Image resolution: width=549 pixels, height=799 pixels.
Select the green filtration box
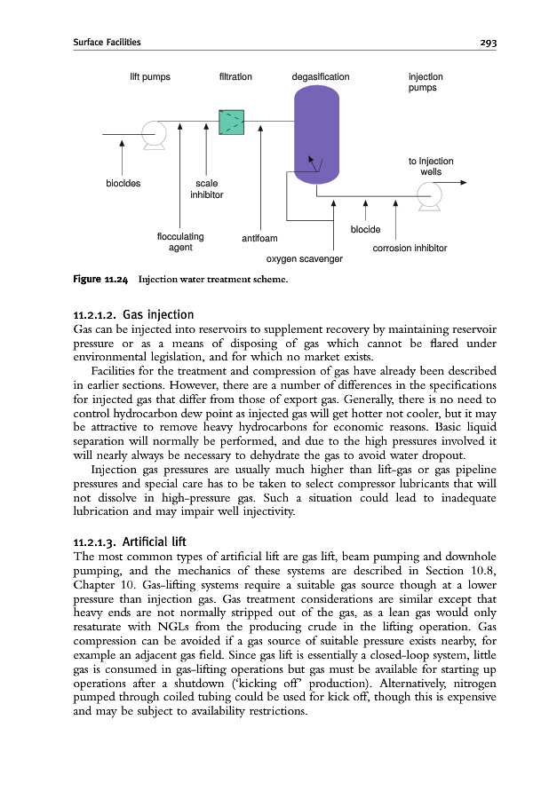click(231, 123)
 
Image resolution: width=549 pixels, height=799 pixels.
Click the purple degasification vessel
click(316, 138)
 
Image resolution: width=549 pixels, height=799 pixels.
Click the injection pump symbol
click(431, 195)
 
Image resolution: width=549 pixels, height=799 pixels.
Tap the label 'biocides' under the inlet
click(122, 185)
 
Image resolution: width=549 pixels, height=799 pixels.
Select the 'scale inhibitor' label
click(206, 189)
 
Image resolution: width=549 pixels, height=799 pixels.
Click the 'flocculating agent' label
click(180, 241)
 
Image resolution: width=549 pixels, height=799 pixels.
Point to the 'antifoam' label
click(259, 238)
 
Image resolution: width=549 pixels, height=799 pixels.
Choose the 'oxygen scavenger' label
click(305, 259)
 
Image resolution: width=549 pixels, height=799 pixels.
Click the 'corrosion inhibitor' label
click(409, 249)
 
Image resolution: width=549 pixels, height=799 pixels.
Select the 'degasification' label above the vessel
click(321, 77)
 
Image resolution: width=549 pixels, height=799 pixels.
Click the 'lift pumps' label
click(150, 77)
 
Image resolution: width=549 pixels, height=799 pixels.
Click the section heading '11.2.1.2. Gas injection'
click(132, 313)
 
